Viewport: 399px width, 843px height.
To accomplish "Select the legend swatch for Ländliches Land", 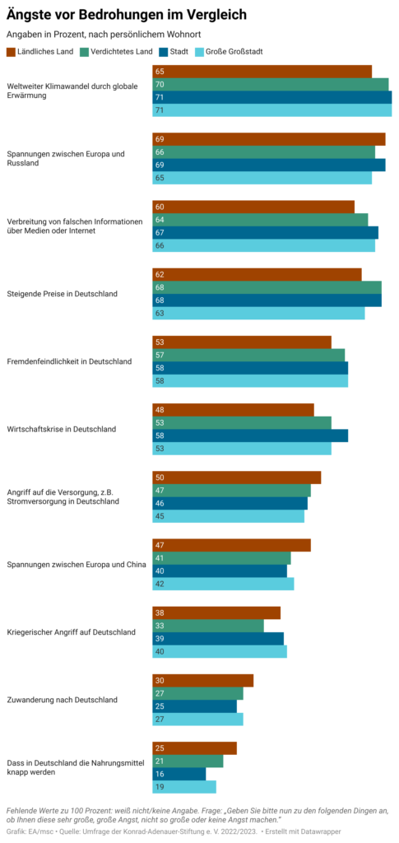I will pos(11,52).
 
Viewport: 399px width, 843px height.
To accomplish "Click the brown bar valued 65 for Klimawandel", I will pos(262,72).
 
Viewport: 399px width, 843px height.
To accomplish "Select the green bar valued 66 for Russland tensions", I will pos(263,152).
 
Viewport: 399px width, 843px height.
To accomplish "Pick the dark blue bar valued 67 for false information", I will pos(265,233).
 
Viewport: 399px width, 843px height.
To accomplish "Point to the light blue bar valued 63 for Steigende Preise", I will pos(258,314).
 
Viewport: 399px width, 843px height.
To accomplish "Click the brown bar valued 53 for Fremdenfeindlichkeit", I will pos(242,342).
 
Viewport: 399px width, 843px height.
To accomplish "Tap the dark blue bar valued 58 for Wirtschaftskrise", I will pos(250,435).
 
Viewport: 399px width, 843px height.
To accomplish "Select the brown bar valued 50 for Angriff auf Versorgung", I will pos(237,477).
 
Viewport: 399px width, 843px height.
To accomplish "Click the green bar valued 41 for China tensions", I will pos(221,558).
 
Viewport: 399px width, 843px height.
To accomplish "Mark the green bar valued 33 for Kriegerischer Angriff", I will pos(208,626).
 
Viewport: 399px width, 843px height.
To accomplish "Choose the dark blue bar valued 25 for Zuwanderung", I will pos(194,706).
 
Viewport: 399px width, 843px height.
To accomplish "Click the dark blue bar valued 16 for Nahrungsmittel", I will pos(179,774).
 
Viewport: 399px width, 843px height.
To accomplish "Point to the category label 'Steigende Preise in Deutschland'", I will pos(63,294).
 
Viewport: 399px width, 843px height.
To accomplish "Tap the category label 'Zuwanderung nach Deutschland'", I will pos(62,700).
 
